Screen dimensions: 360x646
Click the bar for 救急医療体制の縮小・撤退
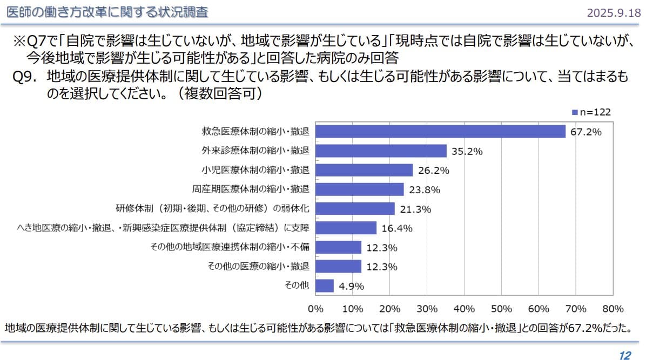point(440,131)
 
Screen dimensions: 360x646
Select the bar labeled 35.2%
point(381,151)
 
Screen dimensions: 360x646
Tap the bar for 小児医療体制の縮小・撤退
point(364,170)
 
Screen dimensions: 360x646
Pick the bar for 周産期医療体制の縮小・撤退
point(360,189)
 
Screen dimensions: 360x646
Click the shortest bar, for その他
point(325,286)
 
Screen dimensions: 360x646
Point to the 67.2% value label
point(586,132)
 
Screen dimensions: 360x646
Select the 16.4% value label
point(397,228)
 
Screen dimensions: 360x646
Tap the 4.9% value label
point(352,286)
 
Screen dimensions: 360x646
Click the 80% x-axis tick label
point(613,309)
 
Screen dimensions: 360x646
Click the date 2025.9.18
point(614,12)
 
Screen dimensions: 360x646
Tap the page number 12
point(625,355)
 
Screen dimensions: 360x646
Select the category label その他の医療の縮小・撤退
point(259,266)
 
